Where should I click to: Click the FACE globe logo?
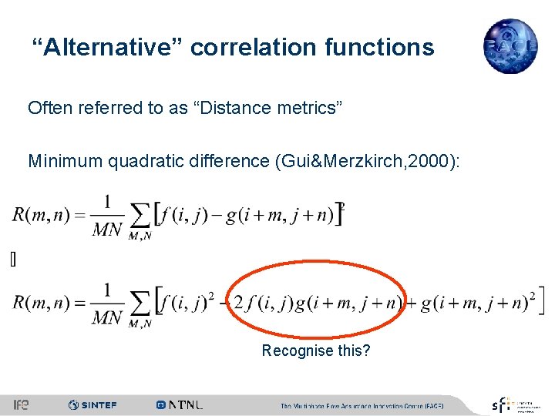point(510,46)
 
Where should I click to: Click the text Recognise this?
point(316,351)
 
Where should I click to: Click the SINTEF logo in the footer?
point(92,404)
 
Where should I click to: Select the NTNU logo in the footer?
point(179,404)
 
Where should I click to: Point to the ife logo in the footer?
point(21,404)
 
